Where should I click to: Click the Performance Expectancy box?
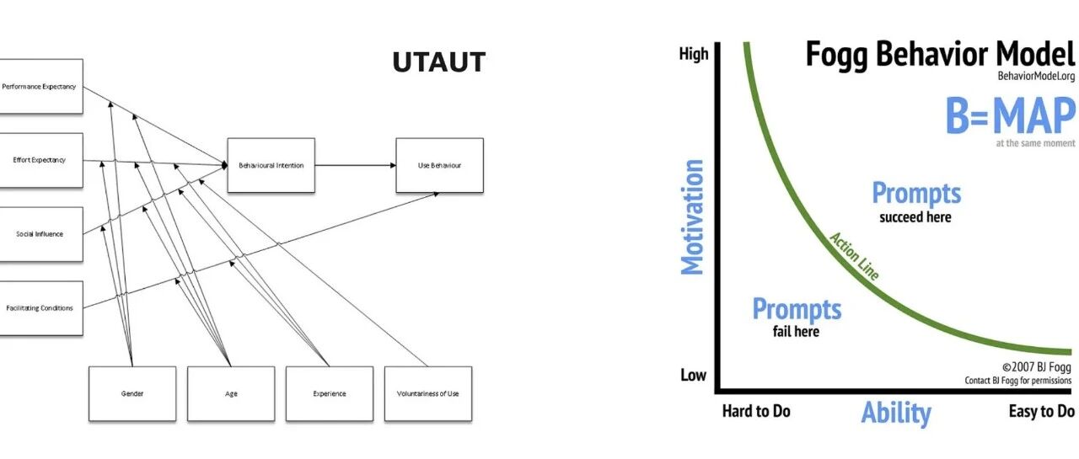[41, 87]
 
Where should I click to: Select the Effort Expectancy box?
[41, 160]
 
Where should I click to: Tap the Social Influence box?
[41, 234]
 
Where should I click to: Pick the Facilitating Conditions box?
[41, 308]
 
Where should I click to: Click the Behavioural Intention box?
[271, 166]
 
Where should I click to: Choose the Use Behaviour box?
[440, 166]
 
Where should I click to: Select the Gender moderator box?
[132, 393]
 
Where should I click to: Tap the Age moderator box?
[231, 393]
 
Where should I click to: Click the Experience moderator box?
[330, 393]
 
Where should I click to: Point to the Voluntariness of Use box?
[428, 393]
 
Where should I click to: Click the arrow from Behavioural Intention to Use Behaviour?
[356, 166]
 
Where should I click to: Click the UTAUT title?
[439, 62]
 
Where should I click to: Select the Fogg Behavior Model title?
[940, 54]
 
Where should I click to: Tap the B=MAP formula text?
[1011, 115]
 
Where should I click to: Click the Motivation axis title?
[692, 217]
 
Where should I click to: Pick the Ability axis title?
[896, 413]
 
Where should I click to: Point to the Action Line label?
[854, 256]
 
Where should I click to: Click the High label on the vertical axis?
[694, 53]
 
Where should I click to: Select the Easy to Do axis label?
[1041, 411]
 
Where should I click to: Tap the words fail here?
[796, 332]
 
